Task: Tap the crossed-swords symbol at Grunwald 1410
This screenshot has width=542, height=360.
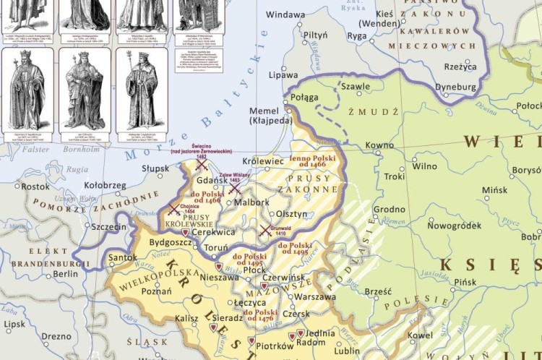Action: click(265, 231)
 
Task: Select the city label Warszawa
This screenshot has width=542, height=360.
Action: click(316, 296)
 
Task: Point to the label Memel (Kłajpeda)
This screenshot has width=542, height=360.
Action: click(268, 116)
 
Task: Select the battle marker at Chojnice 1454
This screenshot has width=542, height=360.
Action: click(173, 210)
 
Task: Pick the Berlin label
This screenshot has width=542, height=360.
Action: click(65, 274)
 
